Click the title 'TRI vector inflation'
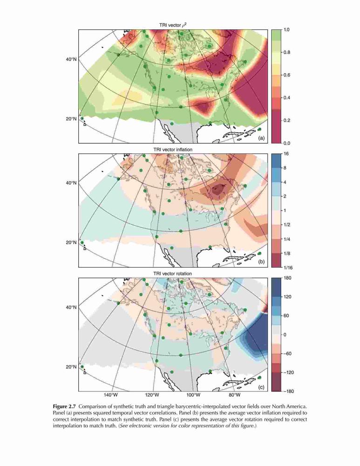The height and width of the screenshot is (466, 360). pos(173,150)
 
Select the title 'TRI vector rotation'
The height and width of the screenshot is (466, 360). pos(173,274)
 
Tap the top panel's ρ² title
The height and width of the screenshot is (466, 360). pos(173,25)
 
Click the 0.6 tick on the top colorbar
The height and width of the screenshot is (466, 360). pos(286,75)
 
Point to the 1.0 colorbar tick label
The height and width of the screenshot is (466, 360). pos(286,30)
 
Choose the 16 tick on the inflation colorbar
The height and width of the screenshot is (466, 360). pos(286,154)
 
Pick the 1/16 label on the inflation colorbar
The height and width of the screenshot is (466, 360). pos(288,267)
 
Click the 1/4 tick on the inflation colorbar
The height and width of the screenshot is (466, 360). pos(286,239)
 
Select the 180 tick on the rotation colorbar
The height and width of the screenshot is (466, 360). pos(287,278)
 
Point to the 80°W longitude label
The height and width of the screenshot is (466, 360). pos(234,395)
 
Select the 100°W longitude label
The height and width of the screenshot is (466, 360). pos(193,395)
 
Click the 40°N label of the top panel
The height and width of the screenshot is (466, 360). pos(71,59)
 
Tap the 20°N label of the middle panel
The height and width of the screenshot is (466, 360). pos(71,242)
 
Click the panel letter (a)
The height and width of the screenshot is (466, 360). pos(261,138)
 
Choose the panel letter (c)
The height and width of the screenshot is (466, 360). pos(261,387)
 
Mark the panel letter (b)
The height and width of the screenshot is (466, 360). pos(261,262)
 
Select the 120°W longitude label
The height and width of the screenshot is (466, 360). pos(152,395)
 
